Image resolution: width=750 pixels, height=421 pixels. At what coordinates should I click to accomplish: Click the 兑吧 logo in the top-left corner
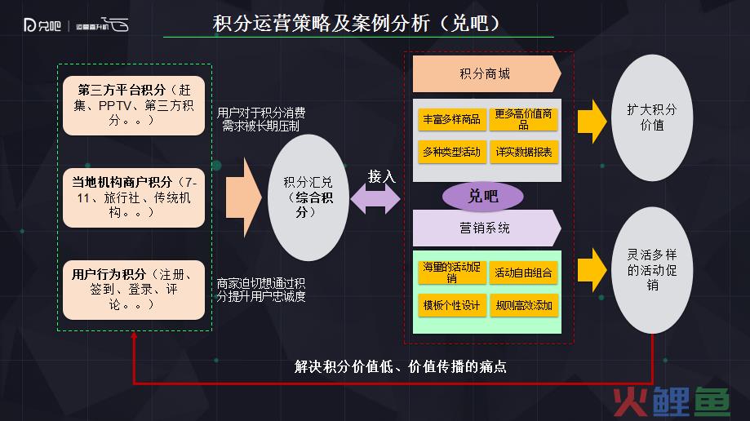tap(42, 24)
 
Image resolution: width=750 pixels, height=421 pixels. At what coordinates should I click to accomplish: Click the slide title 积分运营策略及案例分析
tap(321, 23)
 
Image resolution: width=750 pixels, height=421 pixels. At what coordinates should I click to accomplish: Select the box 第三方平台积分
tap(134, 105)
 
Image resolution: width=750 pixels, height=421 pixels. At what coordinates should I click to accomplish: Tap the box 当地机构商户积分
tap(134, 197)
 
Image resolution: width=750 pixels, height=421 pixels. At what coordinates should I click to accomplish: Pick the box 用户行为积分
tap(134, 290)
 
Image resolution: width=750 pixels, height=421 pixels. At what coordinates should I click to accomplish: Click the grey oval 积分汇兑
tap(308, 197)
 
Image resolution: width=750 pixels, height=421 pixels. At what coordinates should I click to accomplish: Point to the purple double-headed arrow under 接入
tap(375, 198)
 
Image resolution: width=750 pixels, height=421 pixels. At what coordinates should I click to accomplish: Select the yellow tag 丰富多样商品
tap(452, 119)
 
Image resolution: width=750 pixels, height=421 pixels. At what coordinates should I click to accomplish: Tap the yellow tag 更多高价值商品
tap(523, 119)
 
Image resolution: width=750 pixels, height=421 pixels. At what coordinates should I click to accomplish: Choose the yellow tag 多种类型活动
tap(452, 152)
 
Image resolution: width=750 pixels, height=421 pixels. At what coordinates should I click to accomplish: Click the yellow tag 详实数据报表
tap(524, 152)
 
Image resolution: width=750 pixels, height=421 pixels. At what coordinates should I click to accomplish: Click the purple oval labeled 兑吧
tap(483, 196)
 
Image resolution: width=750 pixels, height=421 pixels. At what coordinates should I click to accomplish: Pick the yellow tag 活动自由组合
tap(523, 273)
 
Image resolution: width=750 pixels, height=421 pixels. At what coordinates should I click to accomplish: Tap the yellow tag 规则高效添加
tap(524, 305)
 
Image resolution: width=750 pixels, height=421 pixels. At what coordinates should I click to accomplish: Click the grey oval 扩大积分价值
tap(652, 117)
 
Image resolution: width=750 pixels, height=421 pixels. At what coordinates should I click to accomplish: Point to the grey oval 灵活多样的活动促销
tap(652, 270)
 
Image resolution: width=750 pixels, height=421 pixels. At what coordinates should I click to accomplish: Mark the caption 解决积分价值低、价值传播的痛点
tap(401, 367)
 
